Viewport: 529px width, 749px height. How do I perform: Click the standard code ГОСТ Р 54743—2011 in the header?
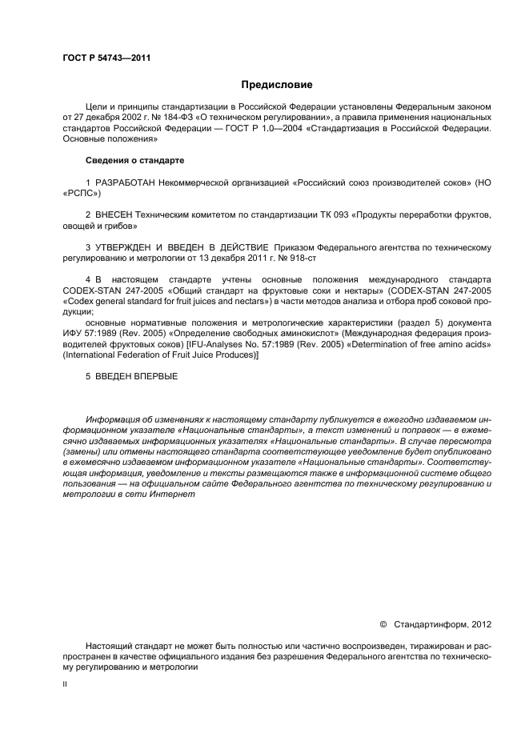click(x=106, y=58)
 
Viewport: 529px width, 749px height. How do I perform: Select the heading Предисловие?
click(x=276, y=85)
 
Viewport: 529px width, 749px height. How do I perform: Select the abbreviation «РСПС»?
click(x=81, y=194)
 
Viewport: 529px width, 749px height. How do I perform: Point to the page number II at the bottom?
click(x=65, y=685)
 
